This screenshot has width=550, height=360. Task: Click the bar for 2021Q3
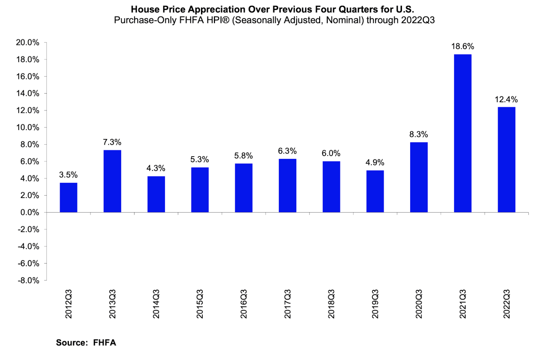[x=462, y=133]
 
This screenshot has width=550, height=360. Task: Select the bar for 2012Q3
[x=68, y=198]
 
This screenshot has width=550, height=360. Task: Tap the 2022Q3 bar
[x=506, y=160]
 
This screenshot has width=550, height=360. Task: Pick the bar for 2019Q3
[x=375, y=191]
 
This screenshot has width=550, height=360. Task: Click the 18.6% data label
[x=462, y=47]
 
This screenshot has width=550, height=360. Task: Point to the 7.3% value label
[x=112, y=142]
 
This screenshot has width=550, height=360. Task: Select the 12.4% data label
[x=506, y=100]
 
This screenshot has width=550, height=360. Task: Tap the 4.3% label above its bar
[x=156, y=168]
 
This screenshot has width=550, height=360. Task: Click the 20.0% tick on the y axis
[x=28, y=42]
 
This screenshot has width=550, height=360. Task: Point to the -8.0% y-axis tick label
[x=29, y=281]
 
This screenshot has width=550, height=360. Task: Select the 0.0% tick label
[x=30, y=213]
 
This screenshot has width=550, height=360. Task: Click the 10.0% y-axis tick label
[x=28, y=127]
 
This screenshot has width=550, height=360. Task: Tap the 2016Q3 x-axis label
[x=244, y=304]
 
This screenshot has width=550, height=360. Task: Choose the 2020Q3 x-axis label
[x=419, y=304]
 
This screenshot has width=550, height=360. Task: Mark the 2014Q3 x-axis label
[x=156, y=304]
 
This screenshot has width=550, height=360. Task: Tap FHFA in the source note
[x=105, y=342]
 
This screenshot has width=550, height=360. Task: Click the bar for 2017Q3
[x=287, y=185]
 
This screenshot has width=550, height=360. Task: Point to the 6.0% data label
[x=331, y=153]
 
